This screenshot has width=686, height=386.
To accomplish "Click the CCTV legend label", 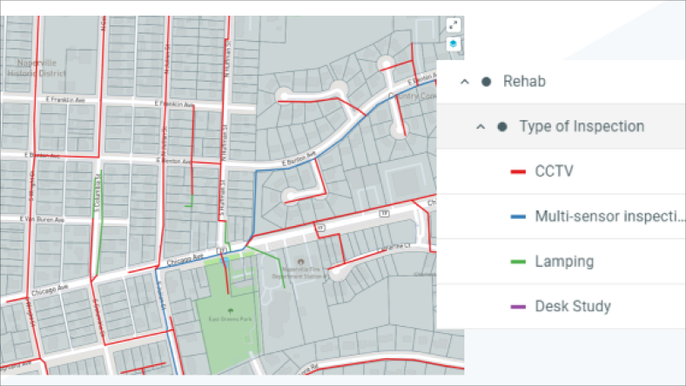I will [x=554, y=171].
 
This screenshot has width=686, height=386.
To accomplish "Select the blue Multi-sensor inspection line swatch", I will [x=516, y=216].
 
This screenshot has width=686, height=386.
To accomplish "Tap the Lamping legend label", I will [x=564, y=261].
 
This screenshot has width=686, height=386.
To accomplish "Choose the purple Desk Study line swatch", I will [x=516, y=306].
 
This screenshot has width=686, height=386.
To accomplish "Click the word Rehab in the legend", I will [x=525, y=81].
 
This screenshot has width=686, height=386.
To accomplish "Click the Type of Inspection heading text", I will [x=582, y=126].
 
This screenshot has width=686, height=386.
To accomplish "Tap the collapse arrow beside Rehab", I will [x=464, y=81].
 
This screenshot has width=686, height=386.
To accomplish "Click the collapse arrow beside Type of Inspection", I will [x=480, y=126].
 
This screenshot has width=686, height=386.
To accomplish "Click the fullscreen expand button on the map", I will [x=453, y=25].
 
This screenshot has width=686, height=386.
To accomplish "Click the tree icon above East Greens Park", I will [x=231, y=310].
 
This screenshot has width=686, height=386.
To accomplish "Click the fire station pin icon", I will [x=301, y=262].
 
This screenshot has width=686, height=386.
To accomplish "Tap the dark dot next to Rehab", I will [x=487, y=81].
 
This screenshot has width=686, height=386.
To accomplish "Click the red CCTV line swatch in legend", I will [x=516, y=171].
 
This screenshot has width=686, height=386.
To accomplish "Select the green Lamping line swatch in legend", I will [x=516, y=261].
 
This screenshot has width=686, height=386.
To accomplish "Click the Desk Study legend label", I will [x=573, y=306].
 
